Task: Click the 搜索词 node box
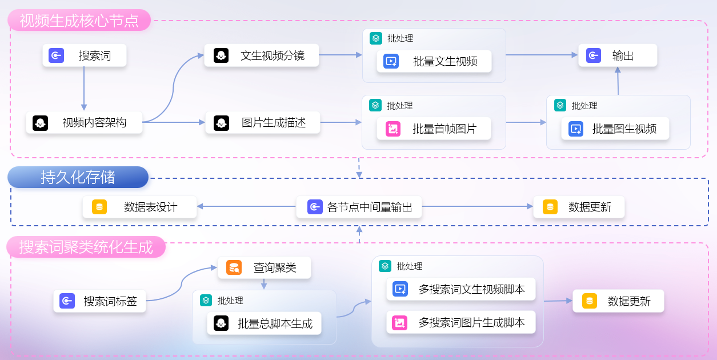(x=84, y=55)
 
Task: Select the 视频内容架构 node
(x=84, y=122)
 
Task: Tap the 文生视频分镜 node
(x=262, y=55)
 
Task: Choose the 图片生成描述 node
(x=262, y=122)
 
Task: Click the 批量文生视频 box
(x=434, y=61)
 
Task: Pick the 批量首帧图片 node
(x=434, y=129)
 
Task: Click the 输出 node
(x=617, y=55)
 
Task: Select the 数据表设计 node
(x=139, y=207)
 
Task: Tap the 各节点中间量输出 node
(x=359, y=207)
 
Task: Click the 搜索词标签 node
(x=99, y=301)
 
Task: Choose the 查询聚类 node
(x=264, y=267)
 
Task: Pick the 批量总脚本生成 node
(x=264, y=323)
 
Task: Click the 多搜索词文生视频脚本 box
(x=460, y=289)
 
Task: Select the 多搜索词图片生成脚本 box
(x=460, y=322)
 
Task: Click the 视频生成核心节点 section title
(x=79, y=21)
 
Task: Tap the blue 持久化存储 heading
(x=78, y=177)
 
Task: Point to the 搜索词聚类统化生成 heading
(x=86, y=247)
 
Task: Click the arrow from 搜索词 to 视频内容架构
(x=84, y=89)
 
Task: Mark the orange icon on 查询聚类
(x=234, y=267)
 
